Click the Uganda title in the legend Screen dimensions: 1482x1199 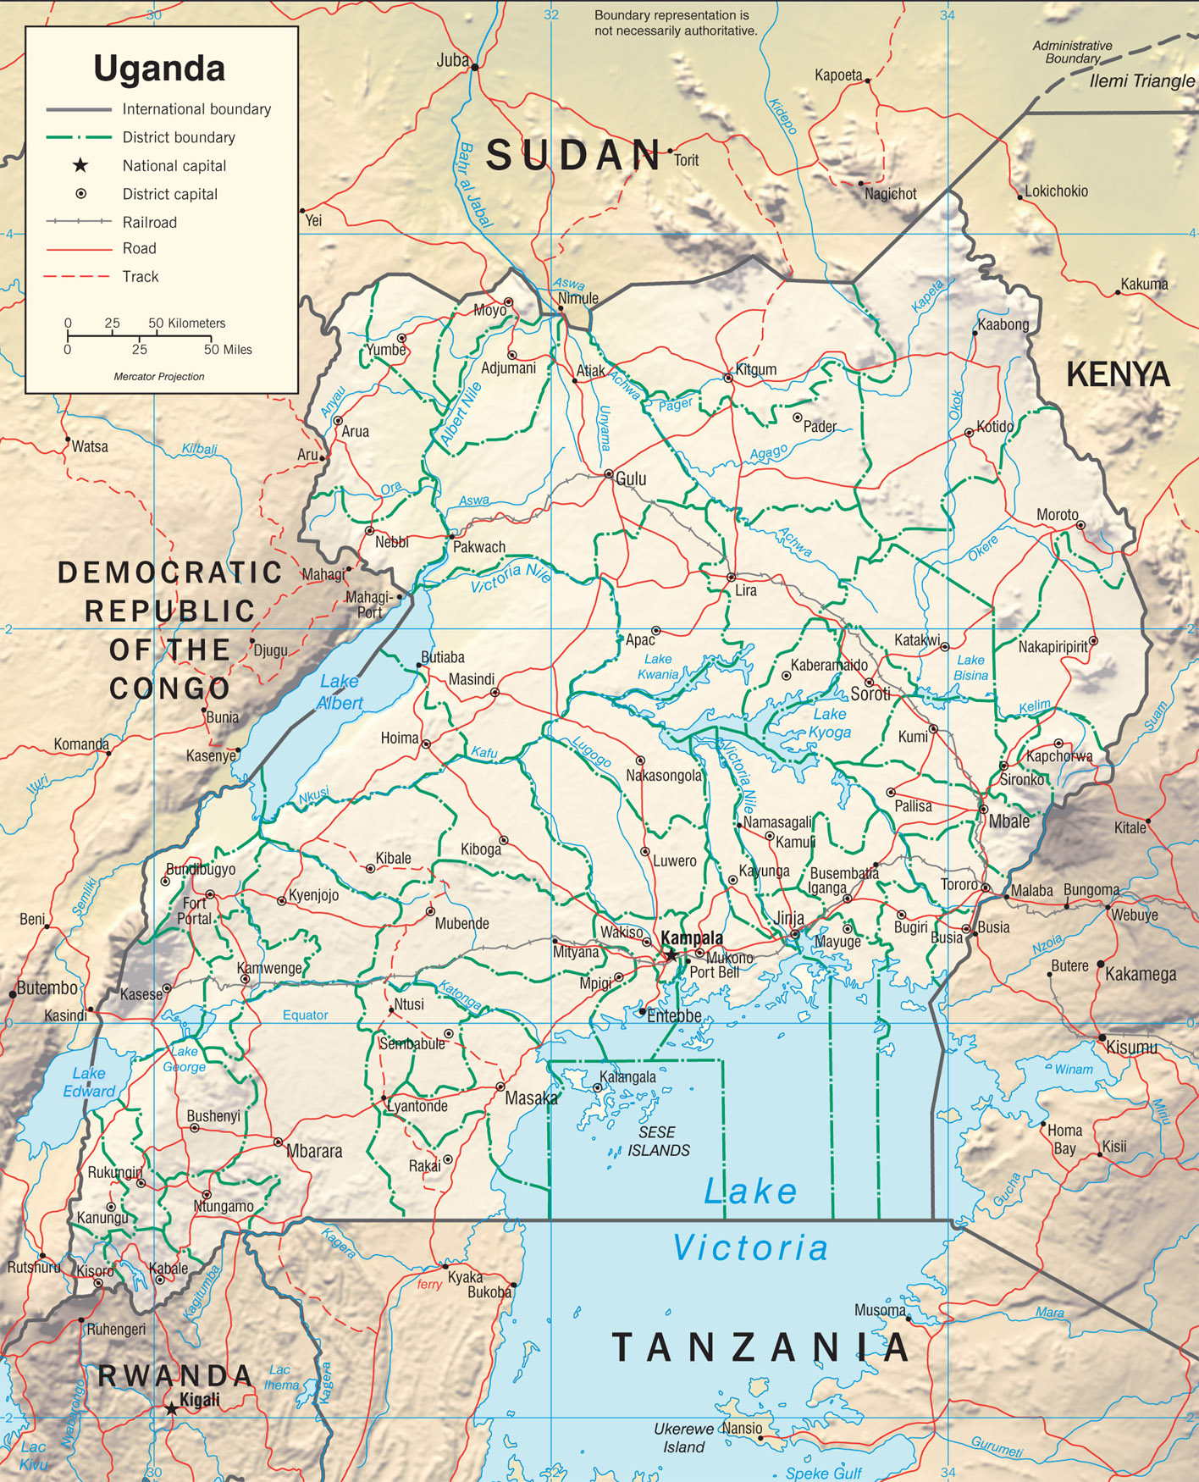[159, 69]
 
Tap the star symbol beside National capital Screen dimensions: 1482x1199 [80, 165]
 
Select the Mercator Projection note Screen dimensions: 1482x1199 [159, 377]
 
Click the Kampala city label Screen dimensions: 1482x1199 [692, 937]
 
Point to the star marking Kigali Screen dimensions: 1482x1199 [171, 1409]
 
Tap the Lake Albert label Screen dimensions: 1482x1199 [340, 692]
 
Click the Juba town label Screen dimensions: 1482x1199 [452, 60]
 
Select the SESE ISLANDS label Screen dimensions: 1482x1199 [658, 1141]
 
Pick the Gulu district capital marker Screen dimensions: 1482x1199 [608, 474]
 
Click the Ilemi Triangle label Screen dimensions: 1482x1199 [1141, 81]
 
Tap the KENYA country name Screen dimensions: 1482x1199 [1117, 374]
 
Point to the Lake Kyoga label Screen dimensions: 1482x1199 [829, 723]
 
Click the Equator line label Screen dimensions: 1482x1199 [305, 1015]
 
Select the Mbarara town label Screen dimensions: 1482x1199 [314, 1151]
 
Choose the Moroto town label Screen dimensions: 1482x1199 [1057, 515]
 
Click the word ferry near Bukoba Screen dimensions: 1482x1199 [429, 1285]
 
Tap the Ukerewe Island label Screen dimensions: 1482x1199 [683, 1438]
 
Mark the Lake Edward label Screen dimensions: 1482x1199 [88, 1082]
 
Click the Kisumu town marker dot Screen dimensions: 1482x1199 [1102, 1037]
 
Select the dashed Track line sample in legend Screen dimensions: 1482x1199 [78, 276]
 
